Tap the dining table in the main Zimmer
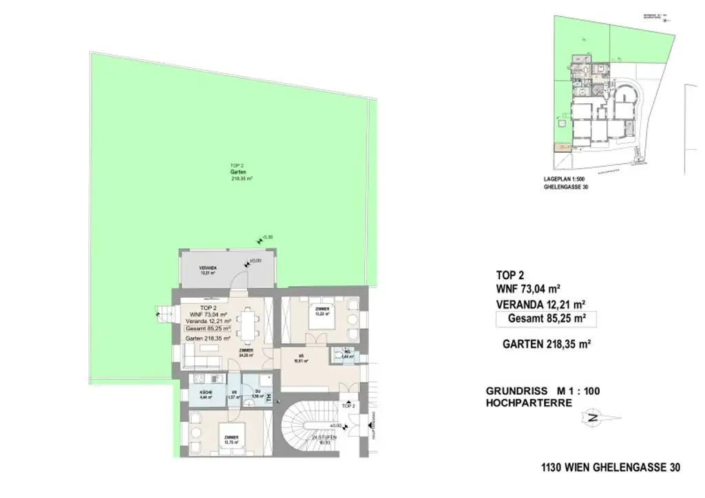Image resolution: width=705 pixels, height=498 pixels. tap(246, 326)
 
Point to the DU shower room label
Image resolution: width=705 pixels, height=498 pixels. tap(254, 394)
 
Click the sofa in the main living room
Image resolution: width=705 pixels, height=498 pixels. tap(201, 359)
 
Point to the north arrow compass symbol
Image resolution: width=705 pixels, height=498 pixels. tap(594, 417)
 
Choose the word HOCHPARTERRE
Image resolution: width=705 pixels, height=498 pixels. tap(529, 403)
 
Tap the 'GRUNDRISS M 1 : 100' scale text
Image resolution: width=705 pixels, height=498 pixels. tap(543, 391)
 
